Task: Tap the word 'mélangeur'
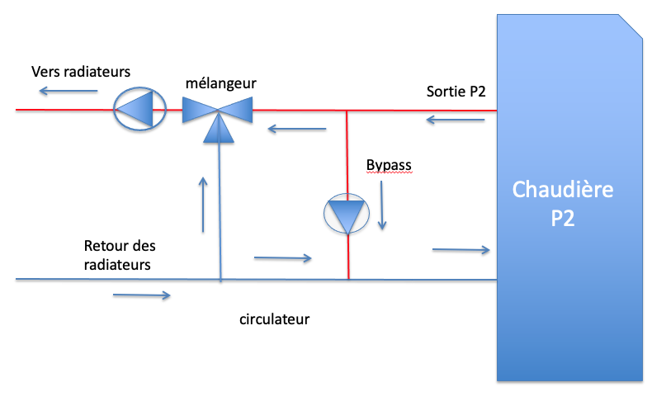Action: click(x=220, y=83)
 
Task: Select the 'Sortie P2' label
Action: click(x=456, y=91)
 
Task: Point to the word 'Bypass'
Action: click(x=389, y=165)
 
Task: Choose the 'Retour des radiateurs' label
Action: click(x=120, y=255)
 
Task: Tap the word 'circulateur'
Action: click(x=274, y=318)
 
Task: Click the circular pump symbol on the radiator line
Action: click(x=139, y=109)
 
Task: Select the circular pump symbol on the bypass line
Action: click(x=347, y=215)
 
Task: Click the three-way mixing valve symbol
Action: click(x=217, y=111)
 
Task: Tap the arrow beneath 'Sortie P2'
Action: click(x=456, y=121)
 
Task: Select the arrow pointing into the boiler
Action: click(x=461, y=248)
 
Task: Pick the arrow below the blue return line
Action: click(x=142, y=295)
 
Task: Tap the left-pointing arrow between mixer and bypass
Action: click(x=297, y=129)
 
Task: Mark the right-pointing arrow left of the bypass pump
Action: click(x=283, y=258)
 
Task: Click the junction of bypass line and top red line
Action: click(x=347, y=110)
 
